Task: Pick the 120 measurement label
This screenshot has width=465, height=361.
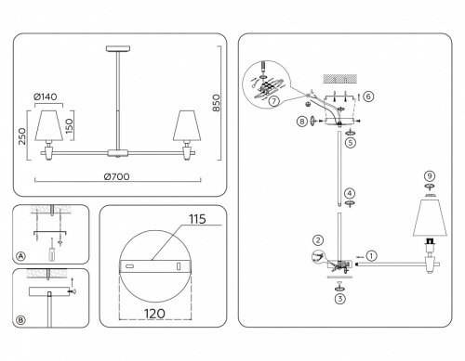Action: (x=154, y=312)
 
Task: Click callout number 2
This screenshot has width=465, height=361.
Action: (x=317, y=239)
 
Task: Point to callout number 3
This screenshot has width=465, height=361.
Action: (x=341, y=299)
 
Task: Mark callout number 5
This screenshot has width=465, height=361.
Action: (x=349, y=144)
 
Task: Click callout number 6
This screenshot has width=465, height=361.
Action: (x=369, y=96)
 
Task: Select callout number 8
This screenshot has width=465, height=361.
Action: (x=302, y=120)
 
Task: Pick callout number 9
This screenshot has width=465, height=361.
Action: (x=430, y=176)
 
